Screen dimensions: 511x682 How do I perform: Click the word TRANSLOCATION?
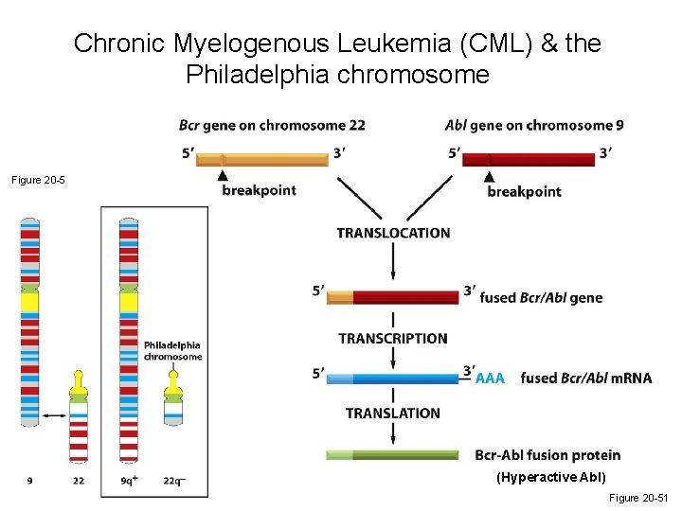[393, 233]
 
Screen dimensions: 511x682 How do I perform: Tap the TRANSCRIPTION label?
[393, 338]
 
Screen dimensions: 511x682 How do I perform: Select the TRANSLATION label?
[393, 413]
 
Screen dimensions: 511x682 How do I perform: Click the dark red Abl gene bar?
[529, 159]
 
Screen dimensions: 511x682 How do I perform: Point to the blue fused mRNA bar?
[393, 378]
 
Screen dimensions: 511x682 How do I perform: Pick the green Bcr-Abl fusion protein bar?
[393, 455]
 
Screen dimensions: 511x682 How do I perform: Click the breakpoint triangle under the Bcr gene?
[223, 177]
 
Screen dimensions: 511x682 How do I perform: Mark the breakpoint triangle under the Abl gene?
[489, 177]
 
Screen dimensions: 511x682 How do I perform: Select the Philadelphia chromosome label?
[172, 351]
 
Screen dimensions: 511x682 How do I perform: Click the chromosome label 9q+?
[129, 481]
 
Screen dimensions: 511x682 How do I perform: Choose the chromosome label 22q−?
[174, 481]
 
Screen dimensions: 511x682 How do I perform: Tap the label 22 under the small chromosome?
[79, 481]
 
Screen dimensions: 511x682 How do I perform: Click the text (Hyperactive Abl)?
[550, 477]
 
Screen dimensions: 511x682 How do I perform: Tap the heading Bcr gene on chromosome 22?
[272, 126]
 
